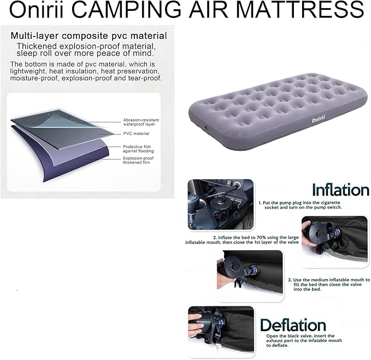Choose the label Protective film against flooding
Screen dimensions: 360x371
pos(139,149)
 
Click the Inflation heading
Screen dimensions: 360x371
pos(340,190)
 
